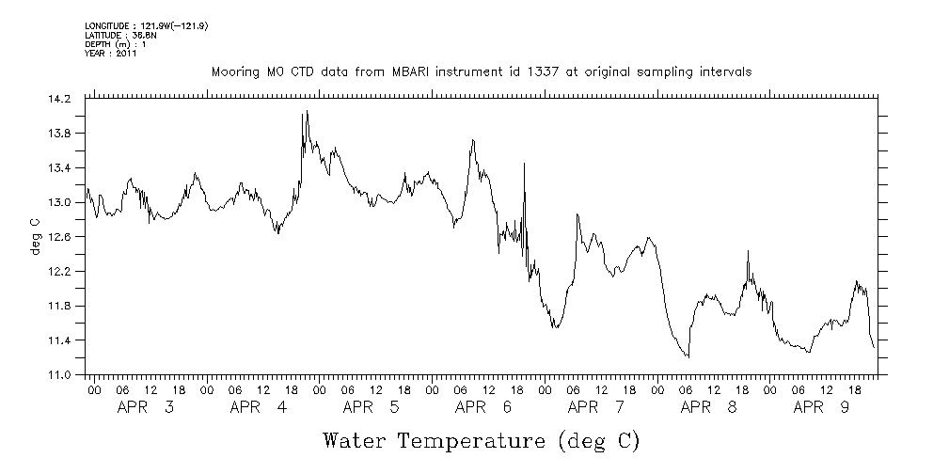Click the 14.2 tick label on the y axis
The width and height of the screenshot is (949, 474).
point(59,99)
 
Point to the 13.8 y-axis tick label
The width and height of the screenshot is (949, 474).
point(59,134)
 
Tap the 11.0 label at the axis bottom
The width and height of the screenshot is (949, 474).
point(59,375)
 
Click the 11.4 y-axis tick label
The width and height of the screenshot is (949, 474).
point(59,340)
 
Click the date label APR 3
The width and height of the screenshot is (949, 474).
point(145,407)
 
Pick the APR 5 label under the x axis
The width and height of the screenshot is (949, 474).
point(371,407)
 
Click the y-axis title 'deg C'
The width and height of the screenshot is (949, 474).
point(35,237)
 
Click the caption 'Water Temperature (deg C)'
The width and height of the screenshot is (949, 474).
point(481,441)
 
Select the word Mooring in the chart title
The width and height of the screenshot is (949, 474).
point(233,71)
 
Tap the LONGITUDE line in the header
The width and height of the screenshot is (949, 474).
point(146,25)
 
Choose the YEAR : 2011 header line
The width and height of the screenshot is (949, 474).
point(111,54)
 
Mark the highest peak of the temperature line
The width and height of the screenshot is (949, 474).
point(307,111)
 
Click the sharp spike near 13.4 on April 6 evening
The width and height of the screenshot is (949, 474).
point(523,163)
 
